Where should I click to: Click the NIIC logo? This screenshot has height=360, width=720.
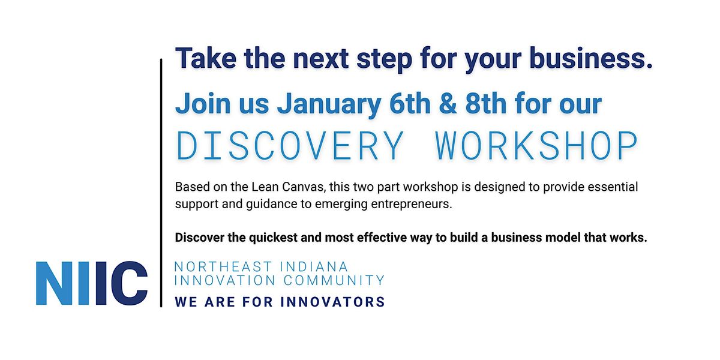coord(92,283)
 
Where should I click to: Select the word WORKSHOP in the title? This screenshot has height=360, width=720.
coord(536,146)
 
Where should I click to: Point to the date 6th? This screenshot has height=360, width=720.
coord(409,104)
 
